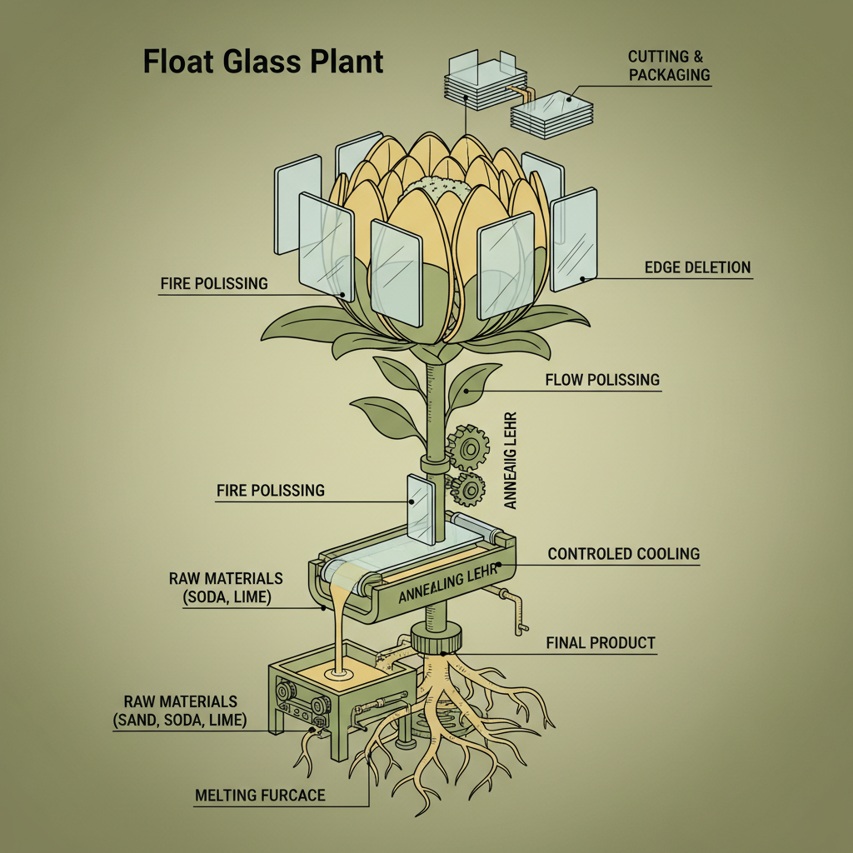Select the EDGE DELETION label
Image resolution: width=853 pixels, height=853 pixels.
pyautogui.click(x=697, y=267)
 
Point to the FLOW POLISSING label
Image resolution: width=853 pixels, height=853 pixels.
pyautogui.click(x=601, y=380)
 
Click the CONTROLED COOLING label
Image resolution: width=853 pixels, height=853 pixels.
pyautogui.click(x=623, y=554)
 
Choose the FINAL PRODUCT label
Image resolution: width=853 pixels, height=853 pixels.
pyautogui.click(x=600, y=643)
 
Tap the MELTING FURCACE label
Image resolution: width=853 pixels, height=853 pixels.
pyautogui.click(x=259, y=796)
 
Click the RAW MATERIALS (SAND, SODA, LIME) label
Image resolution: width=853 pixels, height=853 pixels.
pyautogui.click(x=180, y=711)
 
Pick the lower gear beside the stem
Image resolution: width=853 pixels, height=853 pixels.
pyautogui.click(x=468, y=490)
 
